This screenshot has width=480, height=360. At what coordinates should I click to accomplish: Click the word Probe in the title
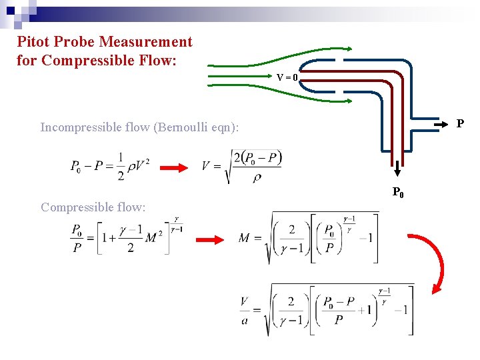(x=75, y=42)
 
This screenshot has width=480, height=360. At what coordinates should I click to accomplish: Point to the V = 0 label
(x=287, y=77)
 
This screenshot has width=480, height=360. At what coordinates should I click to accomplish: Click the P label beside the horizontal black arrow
(x=460, y=124)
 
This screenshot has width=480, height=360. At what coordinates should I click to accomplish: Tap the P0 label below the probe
(x=397, y=193)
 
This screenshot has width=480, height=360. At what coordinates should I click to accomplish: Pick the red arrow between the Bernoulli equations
(x=175, y=167)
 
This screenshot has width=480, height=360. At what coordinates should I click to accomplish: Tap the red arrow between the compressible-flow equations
(x=214, y=239)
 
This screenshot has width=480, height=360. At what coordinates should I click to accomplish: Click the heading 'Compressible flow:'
(x=93, y=207)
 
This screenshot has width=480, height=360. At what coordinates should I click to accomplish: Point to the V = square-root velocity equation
(x=241, y=166)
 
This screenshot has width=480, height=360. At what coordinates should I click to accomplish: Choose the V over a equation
(x=327, y=310)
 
